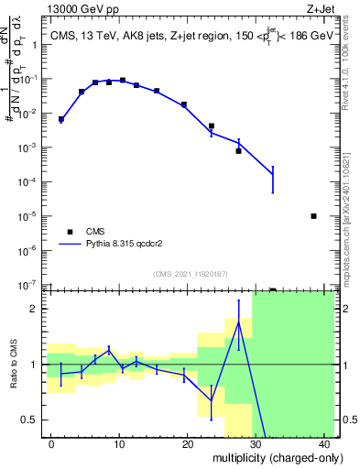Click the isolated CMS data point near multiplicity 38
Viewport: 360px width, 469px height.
tap(314, 216)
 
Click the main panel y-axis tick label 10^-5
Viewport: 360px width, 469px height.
tap(31, 216)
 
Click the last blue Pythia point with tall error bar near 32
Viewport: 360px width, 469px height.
tap(273, 174)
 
